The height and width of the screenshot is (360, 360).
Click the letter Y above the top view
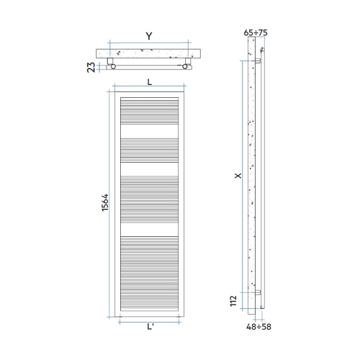[148, 36]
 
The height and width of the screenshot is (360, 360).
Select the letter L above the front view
[149, 81]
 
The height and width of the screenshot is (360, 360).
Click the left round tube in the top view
[112, 67]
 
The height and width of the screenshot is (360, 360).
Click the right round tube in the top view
[187, 67]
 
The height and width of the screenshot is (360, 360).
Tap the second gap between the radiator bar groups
[149, 171]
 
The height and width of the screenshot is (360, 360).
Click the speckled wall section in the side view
[251, 180]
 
